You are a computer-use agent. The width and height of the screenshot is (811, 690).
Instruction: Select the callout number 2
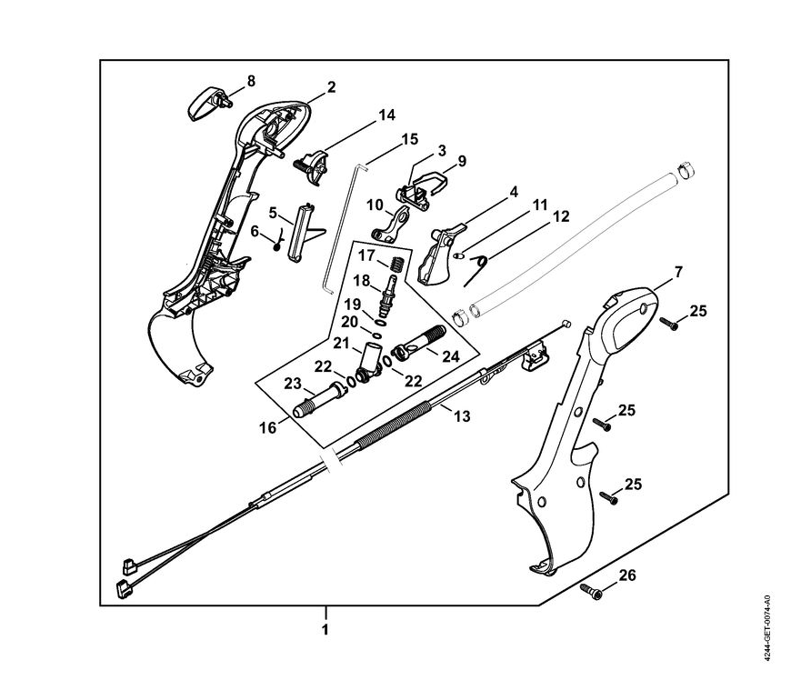point(331,87)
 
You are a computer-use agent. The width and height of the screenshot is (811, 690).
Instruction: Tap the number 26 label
point(626,575)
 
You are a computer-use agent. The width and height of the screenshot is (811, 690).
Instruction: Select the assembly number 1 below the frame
point(325,628)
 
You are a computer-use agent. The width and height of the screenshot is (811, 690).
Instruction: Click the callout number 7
point(677,271)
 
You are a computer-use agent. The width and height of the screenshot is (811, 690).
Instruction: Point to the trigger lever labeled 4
point(437,255)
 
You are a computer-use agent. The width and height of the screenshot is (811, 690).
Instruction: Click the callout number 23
point(293,383)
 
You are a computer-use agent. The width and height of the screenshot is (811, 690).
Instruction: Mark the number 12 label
point(561,217)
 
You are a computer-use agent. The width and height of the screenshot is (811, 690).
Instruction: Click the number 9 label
point(462,161)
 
